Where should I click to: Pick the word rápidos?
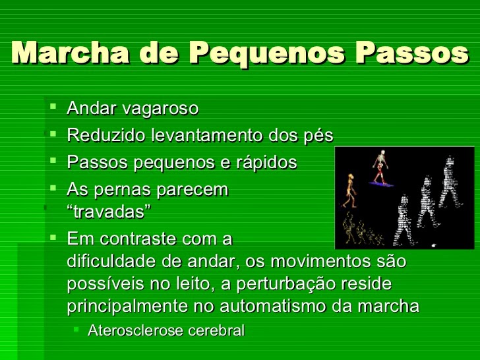click(x=268, y=163)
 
